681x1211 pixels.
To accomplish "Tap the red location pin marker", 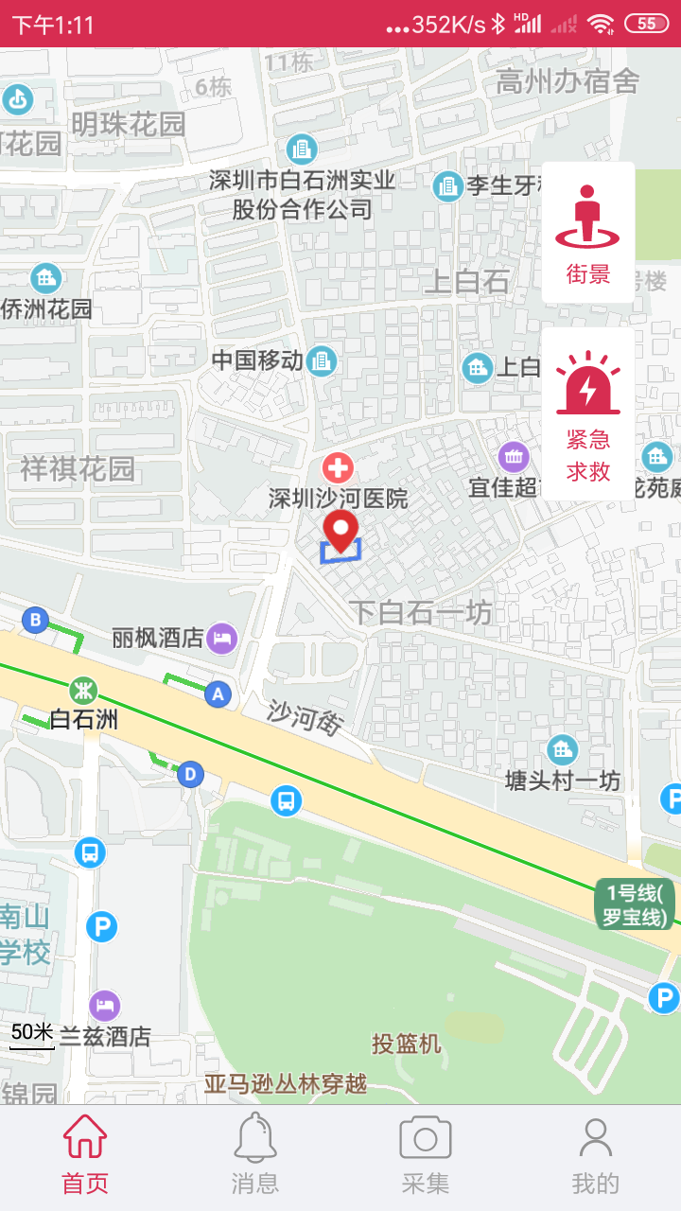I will pyautogui.click(x=340, y=530).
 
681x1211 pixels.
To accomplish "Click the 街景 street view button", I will pyautogui.click(x=587, y=233).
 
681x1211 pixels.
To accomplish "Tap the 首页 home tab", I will pyautogui.click(x=85, y=1154).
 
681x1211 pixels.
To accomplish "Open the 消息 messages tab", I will pyautogui.click(x=255, y=1154).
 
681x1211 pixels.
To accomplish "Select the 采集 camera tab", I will pyautogui.click(x=426, y=1154).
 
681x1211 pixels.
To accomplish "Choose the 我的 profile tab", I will pyautogui.click(x=595, y=1154).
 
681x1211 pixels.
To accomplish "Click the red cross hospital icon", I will pyautogui.click(x=338, y=466).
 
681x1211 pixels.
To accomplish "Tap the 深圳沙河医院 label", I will pyautogui.click(x=338, y=499).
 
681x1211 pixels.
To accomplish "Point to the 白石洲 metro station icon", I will pyautogui.click(x=84, y=688).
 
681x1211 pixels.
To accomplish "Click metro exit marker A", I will pyautogui.click(x=218, y=694).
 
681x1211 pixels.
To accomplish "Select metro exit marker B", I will pyautogui.click(x=35, y=621).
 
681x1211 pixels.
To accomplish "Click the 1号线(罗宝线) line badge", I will pyautogui.click(x=635, y=904).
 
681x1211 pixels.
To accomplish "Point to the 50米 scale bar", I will pyautogui.click(x=32, y=1034).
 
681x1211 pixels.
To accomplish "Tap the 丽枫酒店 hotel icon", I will pyautogui.click(x=222, y=637).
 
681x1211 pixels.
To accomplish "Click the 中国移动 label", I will pyautogui.click(x=257, y=360).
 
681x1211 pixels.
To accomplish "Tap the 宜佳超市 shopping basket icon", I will pyautogui.click(x=514, y=458).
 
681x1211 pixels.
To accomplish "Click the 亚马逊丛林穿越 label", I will pyautogui.click(x=286, y=1084).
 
